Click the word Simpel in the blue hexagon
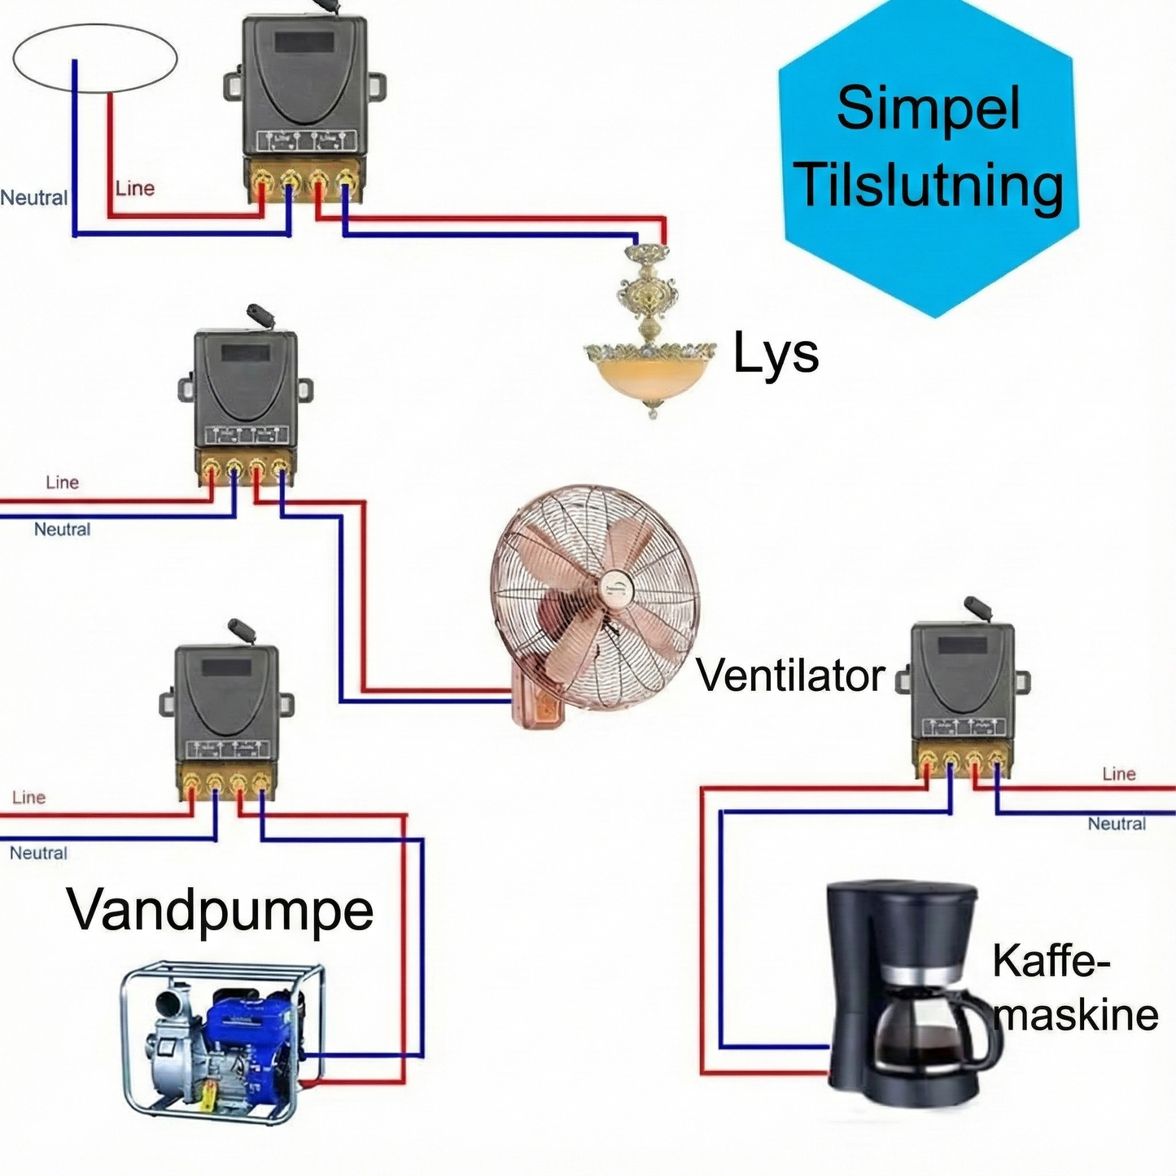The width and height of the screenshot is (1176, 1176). (x=928, y=109)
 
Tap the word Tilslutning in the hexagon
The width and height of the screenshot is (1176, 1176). (x=928, y=186)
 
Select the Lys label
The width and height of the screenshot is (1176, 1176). (x=776, y=354)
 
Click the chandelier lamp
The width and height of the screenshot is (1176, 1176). (x=649, y=342)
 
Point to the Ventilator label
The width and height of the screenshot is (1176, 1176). (x=790, y=675)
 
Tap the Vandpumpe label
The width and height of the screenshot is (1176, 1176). (x=220, y=910)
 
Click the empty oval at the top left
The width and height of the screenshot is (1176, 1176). (x=95, y=58)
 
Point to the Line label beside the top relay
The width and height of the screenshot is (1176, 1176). (x=134, y=189)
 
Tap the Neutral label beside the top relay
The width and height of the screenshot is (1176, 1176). (x=34, y=198)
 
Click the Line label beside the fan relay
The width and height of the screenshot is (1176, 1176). (x=63, y=483)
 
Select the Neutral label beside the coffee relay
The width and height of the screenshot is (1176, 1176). (x=1117, y=824)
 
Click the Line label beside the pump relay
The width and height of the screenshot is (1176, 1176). (x=29, y=798)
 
